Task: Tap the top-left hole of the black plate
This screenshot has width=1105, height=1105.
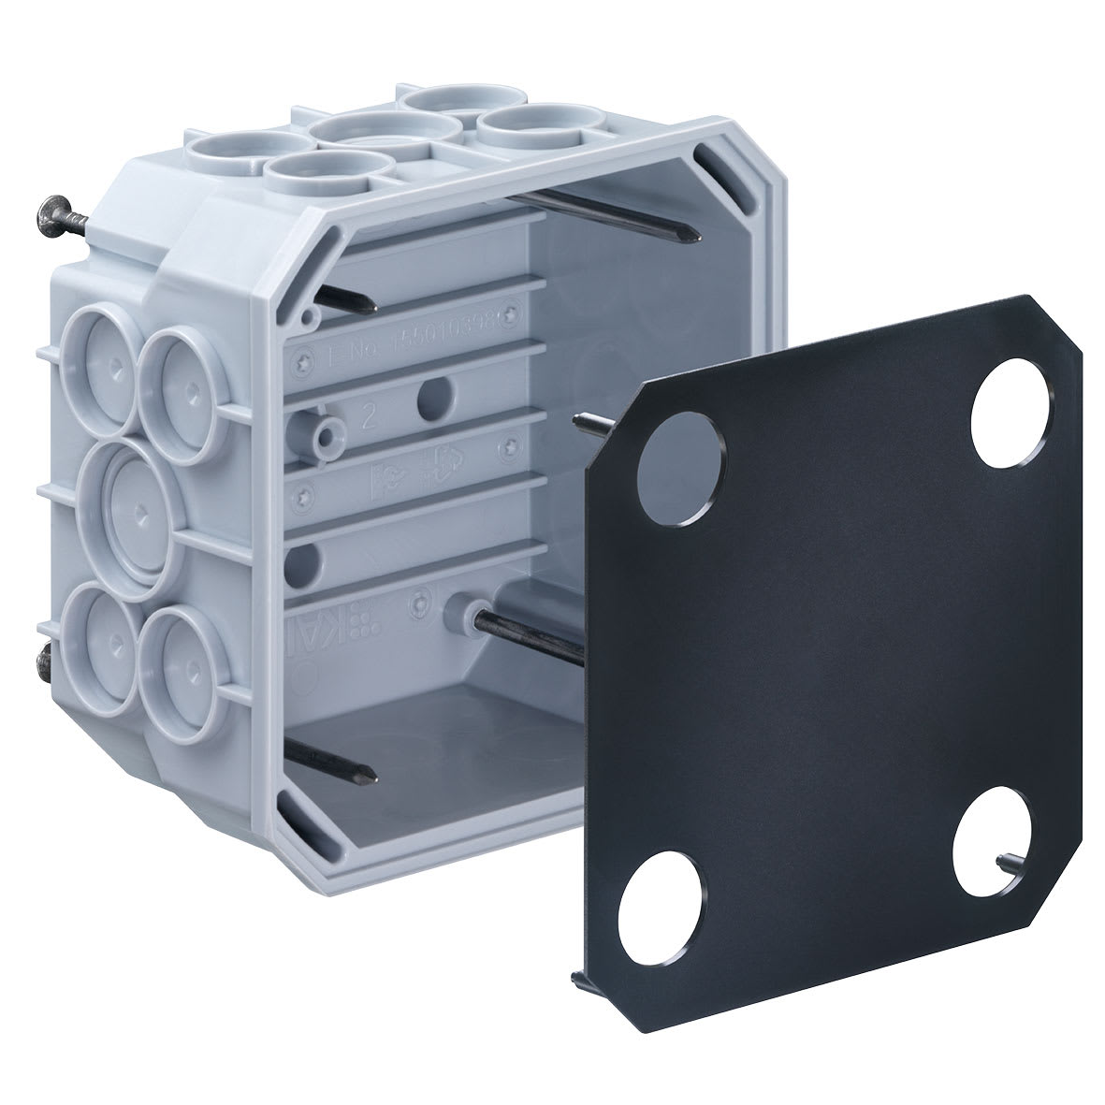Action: tap(681, 465)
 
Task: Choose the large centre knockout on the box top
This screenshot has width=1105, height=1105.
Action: tap(384, 134)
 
